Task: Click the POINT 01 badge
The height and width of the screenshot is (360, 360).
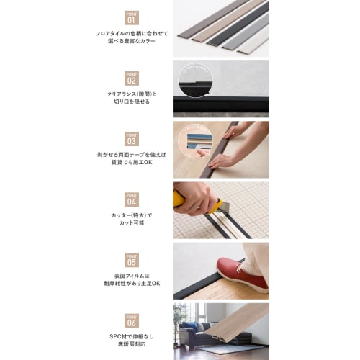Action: tap(131, 17)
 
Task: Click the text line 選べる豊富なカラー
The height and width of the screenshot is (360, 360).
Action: tap(131, 41)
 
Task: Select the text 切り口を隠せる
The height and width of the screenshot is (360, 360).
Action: tap(131, 102)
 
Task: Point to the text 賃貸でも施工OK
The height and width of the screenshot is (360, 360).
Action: tap(131, 163)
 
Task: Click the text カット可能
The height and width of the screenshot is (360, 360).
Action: tap(131, 223)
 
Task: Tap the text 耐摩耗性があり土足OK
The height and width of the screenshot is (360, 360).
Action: tap(131, 284)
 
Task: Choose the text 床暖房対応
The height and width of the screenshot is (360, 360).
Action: tap(131, 344)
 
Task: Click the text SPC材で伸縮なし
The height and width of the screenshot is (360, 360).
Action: tap(131, 336)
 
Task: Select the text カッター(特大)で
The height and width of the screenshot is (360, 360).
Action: tap(131, 215)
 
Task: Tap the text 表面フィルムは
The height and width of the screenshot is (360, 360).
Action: tap(131, 275)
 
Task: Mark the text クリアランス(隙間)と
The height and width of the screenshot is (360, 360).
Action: tap(131, 94)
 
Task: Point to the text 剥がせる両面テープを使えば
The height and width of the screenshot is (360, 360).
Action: tap(131, 154)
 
